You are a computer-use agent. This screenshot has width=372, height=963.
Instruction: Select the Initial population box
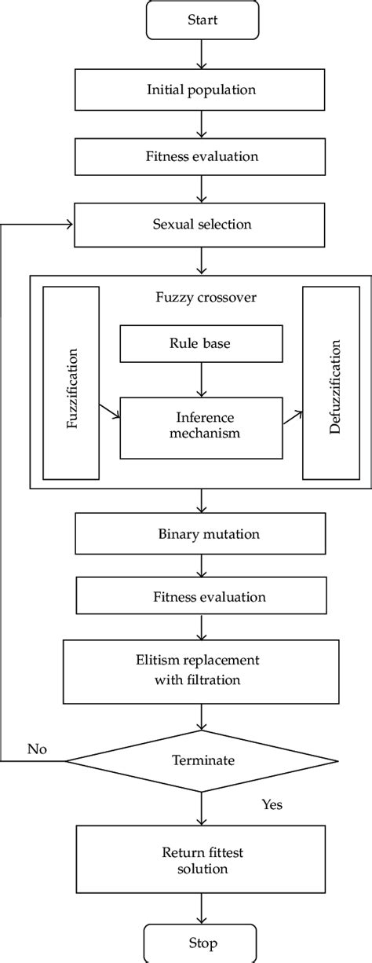coord(202,90)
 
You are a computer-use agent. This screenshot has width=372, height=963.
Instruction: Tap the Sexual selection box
coord(202,225)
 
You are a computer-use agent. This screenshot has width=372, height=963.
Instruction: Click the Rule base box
coord(202,343)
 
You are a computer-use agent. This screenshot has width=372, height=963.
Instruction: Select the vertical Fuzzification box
coord(71,383)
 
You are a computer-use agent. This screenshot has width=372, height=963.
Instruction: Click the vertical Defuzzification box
coord(330,383)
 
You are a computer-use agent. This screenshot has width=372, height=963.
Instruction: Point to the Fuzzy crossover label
coord(202,298)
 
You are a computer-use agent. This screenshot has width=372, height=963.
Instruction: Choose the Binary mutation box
coord(202,535)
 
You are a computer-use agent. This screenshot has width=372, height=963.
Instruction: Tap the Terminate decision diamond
coord(202,760)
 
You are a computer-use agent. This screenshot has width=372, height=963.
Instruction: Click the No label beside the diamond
coord(37,749)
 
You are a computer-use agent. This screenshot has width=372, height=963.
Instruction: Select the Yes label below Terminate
coord(272,804)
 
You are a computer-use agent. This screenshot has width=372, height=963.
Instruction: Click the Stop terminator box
coord(202,943)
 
